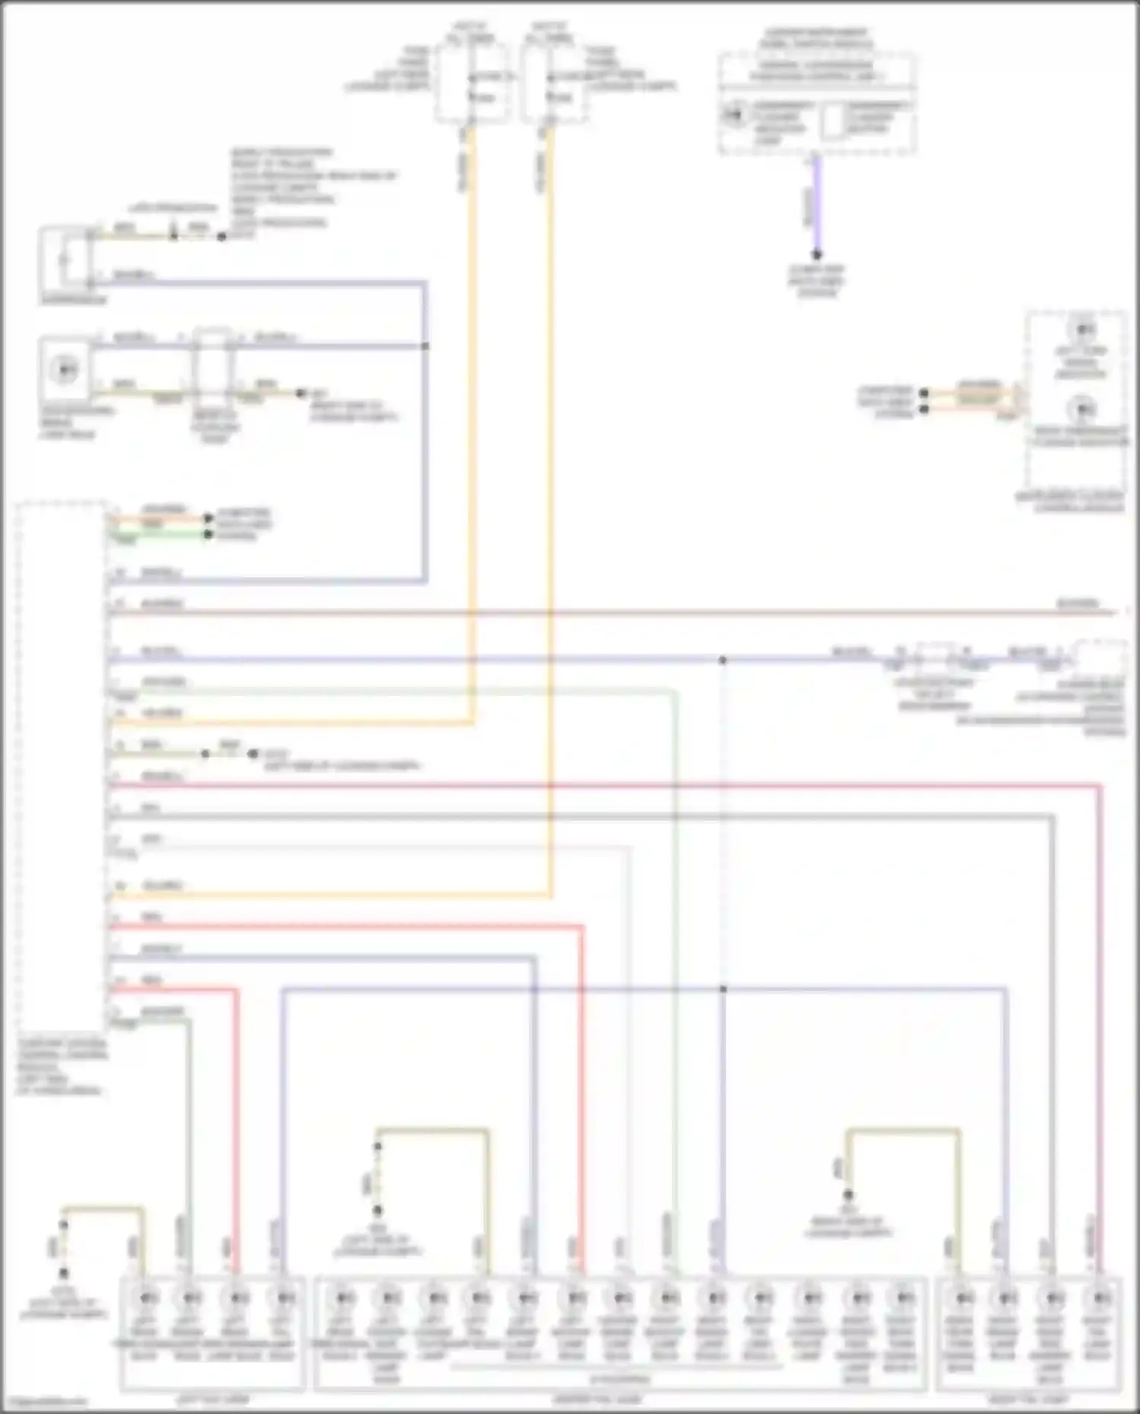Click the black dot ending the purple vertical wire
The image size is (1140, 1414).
point(817,255)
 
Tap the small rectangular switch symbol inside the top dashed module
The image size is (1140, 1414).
point(833,122)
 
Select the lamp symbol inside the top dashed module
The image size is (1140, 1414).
point(733,116)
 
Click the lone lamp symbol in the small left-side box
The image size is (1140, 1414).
point(65,370)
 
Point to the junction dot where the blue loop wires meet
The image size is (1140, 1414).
point(425,346)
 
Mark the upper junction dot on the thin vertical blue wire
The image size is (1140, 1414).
point(723,660)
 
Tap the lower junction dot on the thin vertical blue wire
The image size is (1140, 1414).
point(723,989)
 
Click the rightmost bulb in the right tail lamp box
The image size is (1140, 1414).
point(1098,1298)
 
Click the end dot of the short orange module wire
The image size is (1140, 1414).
point(207,519)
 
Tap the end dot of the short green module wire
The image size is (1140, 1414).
point(207,535)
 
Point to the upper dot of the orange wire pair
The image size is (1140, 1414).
point(923,394)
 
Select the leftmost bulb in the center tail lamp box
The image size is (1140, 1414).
point(343,1298)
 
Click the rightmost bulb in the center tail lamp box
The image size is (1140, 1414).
point(904,1298)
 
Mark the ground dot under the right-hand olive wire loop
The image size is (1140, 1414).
point(848,1195)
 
